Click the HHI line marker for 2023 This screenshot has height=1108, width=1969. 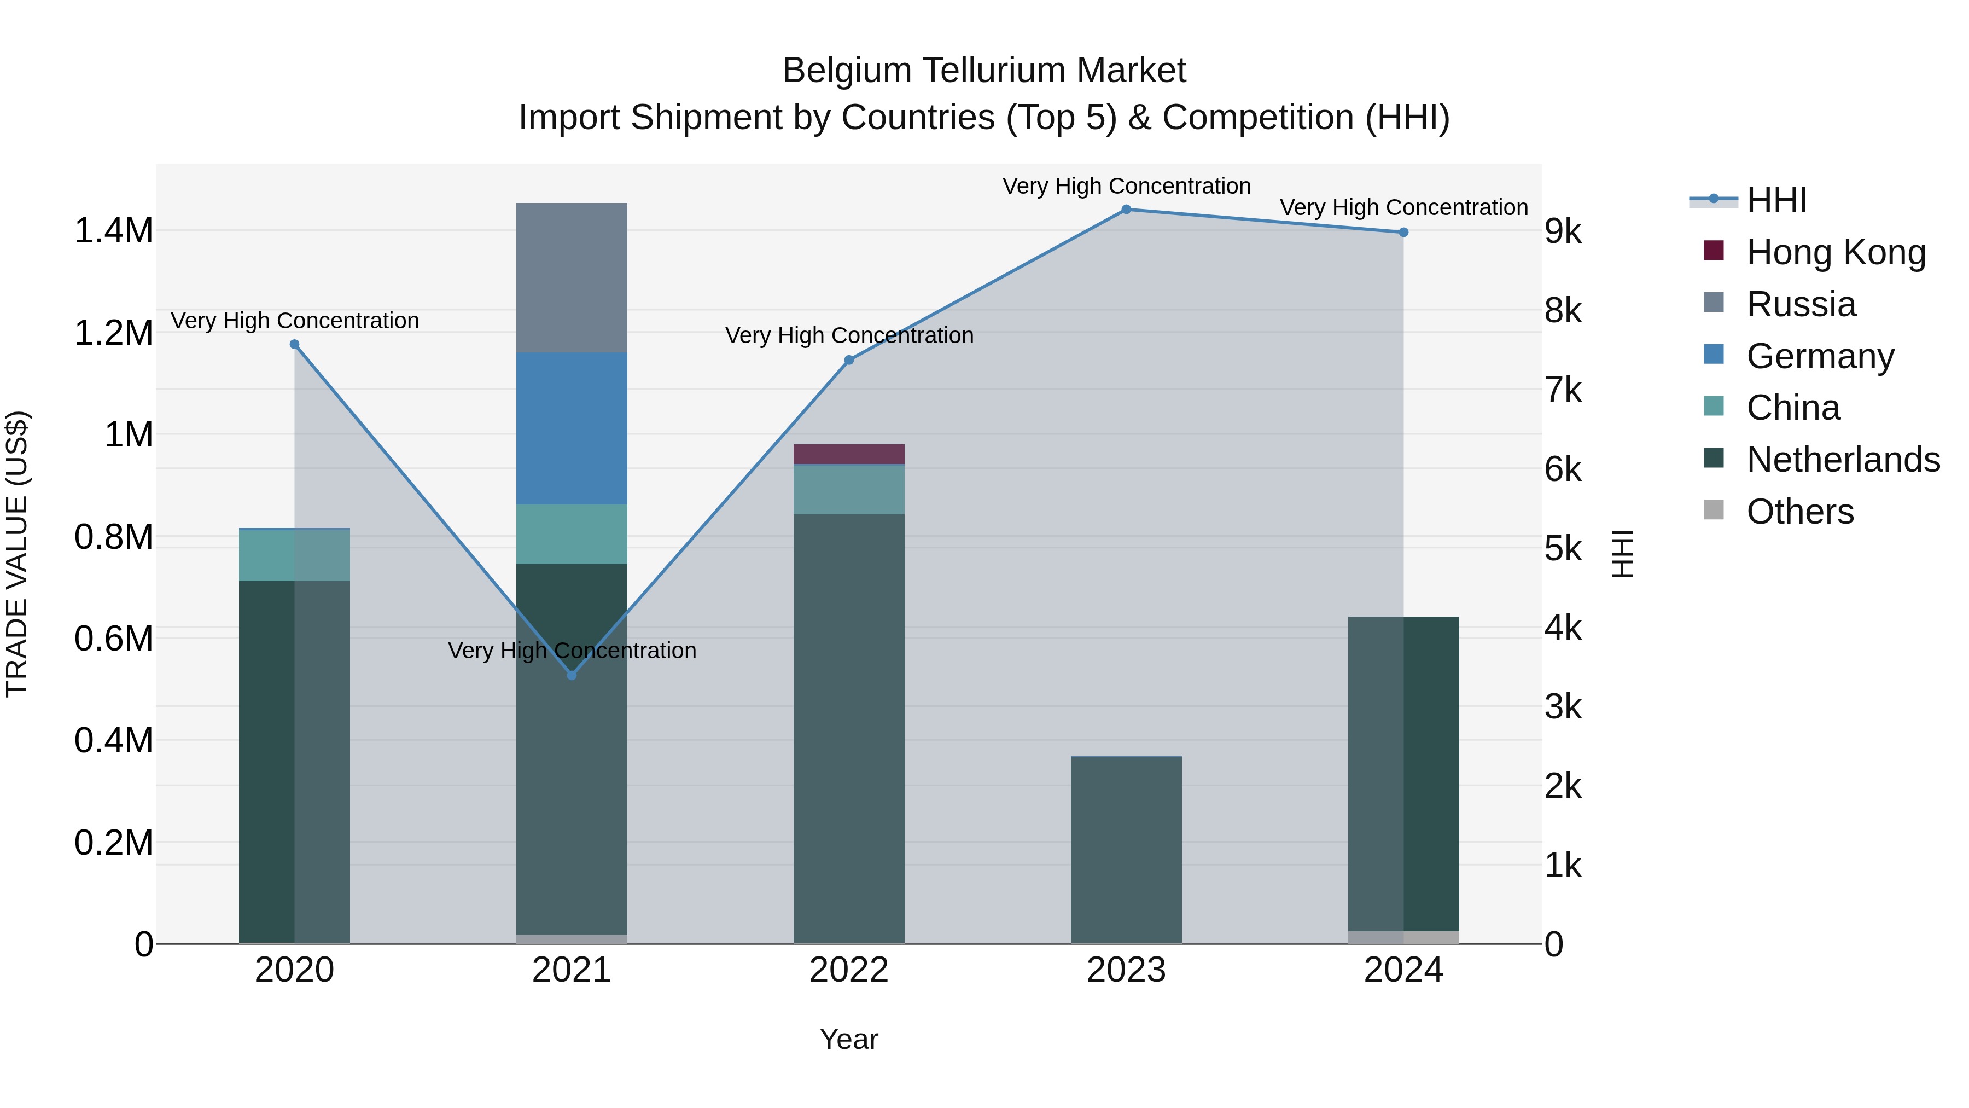pos(1126,210)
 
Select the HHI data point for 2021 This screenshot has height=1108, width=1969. pos(572,675)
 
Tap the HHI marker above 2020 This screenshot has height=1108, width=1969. pos(294,344)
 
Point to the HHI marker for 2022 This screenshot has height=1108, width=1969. pos(848,360)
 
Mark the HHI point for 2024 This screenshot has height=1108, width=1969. pos(1403,233)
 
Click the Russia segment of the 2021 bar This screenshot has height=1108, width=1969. pos(572,277)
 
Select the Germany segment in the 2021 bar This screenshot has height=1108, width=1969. pos(572,428)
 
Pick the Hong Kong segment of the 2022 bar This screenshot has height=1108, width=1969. pos(848,454)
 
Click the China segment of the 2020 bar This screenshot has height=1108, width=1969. pos(294,555)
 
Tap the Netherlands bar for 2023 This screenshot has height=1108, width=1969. pos(1126,849)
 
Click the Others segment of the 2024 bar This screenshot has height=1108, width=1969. pos(1403,937)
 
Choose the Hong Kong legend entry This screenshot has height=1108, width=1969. pos(1836,252)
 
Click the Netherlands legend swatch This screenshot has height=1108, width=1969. pos(1714,459)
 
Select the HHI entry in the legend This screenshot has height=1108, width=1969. pos(1776,200)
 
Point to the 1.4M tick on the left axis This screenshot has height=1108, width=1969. pos(113,231)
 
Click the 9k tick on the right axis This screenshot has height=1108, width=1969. pos(1564,231)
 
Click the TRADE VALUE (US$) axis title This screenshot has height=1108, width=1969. pos(17,554)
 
